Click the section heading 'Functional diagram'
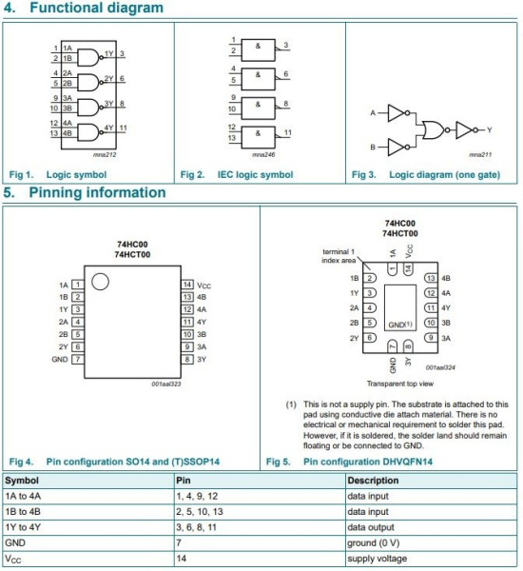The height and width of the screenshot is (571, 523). click(96, 8)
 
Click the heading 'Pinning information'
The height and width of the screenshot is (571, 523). click(97, 192)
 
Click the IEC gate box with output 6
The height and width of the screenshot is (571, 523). click(258, 79)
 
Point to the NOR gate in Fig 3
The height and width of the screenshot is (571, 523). click(434, 130)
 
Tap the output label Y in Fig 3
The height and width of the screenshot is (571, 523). click(489, 130)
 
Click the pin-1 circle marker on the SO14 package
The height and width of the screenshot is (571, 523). click(100, 282)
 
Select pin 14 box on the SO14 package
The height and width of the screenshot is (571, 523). click(187, 285)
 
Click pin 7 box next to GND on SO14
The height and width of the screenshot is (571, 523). click(78, 360)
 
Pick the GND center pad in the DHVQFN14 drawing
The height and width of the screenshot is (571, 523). click(400, 307)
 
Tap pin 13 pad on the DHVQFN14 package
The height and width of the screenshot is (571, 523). click(431, 278)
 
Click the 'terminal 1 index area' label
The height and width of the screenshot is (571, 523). click(339, 256)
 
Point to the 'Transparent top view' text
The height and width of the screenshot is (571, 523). click(400, 384)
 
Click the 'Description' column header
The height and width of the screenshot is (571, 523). click(373, 481)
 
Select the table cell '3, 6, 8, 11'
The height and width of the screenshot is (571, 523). click(197, 527)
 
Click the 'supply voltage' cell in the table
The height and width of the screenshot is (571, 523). click(378, 559)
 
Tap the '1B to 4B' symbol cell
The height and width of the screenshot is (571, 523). click(23, 512)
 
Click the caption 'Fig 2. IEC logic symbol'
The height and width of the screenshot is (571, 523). click(237, 175)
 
